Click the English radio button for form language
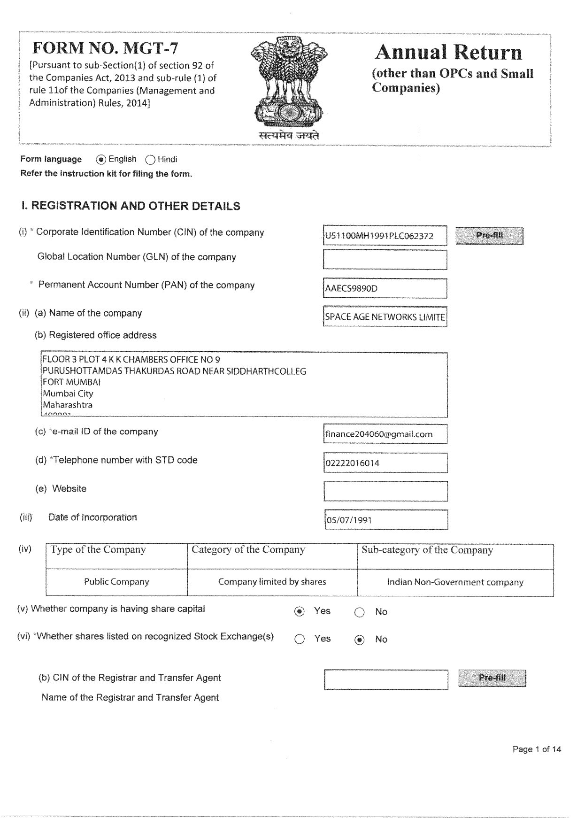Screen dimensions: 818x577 pyautogui.click(x=101, y=160)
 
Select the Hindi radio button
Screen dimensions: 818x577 pyautogui.click(x=150, y=160)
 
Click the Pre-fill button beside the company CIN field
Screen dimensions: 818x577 pyautogui.click(x=489, y=235)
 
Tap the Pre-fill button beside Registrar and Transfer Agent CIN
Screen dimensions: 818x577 pyautogui.click(x=492, y=678)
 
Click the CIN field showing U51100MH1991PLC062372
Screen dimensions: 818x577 pyautogui.click(x=385, y=236)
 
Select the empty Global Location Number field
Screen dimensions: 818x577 pyautogui.click(x=385, y=260)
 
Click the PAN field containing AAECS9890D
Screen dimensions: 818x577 pyautogui.click(x=385, y=288)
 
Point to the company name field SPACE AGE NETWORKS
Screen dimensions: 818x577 pyautogui.click(x=385, y=316)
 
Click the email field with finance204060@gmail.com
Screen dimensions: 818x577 pyautogui.click(x=385, y=434)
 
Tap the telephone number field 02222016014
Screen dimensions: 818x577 pyautogui.click(x=385, y=463)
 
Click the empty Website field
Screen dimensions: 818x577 pyautogui.click(x=385, y=491)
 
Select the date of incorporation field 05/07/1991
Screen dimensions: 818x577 pyautogui.click(x=386, y=520)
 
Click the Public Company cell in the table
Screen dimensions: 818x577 pyautogui.click(x=116, y=582)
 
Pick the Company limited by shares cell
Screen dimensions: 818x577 pyautogui.click(x=272, y=582)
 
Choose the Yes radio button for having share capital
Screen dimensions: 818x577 pyautogui.click(x=300, y=612)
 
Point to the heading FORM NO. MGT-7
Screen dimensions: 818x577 pyautogui.click(x=105, y=48)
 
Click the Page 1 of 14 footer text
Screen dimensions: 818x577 pyautogui.click(x=537, y=749)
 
